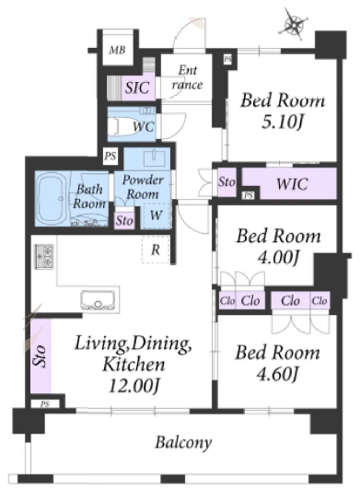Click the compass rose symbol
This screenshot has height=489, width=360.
click(x=293, y=24)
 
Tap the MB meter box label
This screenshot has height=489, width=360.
click(x=118, y=50)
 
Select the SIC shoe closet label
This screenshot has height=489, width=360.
click(x=137, y=87)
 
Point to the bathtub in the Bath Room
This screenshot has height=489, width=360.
click(x=52, y=198)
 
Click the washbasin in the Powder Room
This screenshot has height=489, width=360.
click(x=155, y=157)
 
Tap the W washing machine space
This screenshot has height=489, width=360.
click(x=156, y=215)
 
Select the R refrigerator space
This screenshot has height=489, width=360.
click(x=156, y=250)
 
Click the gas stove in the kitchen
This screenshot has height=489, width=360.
click(x=44, y=256)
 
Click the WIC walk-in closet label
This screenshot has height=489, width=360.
click(x=292, y=184)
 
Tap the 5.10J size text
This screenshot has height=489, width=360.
click(x=283, y=122)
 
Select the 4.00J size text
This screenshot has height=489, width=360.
click(x=279, y=258)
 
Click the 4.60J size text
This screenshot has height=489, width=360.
click(x=278, y=374)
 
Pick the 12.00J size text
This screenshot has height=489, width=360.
click(x=134, y=386)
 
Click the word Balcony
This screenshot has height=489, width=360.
click(x=183, y=443)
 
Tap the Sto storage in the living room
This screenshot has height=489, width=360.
click(x=41, y=355)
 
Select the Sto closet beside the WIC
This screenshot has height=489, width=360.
click(x=226, y=182)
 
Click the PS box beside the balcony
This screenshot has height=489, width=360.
click(x=45, y=404)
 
